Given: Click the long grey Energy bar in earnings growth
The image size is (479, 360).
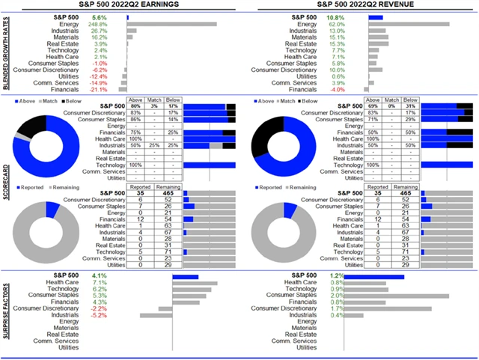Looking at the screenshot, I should [171, 24].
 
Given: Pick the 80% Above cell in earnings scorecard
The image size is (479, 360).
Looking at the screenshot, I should [136, 106].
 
